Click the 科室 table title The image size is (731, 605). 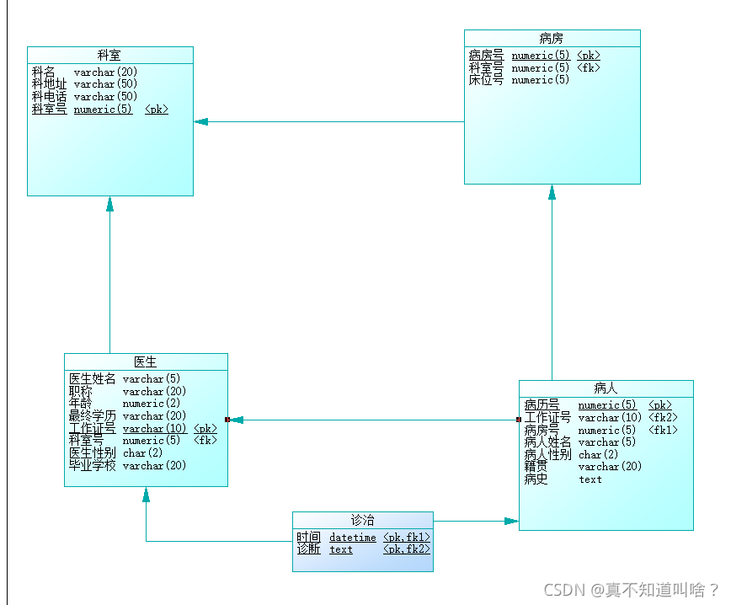[109, 55]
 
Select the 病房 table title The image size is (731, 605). [552, 38]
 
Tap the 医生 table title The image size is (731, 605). [146, 361]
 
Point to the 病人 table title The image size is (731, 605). [606, 388]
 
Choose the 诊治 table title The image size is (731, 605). [363, 520]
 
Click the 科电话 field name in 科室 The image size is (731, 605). [49, 97]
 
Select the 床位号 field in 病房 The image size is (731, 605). [486, 80]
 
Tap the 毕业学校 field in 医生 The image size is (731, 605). [93, 466]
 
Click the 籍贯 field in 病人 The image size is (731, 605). [536, 467]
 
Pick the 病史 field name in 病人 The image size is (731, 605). [536, 479]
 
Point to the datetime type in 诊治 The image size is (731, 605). [353, 537]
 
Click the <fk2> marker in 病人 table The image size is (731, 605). [663, 418]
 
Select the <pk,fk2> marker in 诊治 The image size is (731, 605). [406, 549]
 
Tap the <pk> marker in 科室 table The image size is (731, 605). [157, 110]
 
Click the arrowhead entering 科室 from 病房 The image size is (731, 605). [200, 121]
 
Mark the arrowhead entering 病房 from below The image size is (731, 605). [552, 192]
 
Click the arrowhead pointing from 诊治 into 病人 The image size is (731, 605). [511, 522]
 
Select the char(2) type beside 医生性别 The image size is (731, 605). [143, 453]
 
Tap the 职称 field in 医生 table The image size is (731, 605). [81, 392]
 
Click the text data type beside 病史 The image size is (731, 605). [590, 479]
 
